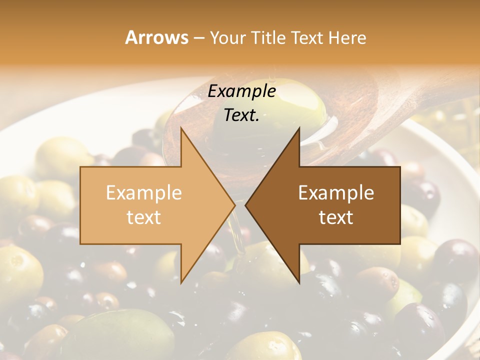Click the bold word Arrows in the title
tap(157, 37)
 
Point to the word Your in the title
tap(227, 37)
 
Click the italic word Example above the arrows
tap(241, 91)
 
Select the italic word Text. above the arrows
tap(241, 115)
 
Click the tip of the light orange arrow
tap(234, 205)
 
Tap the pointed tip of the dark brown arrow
tap(245, 205)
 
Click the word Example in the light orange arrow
tap(144, 193)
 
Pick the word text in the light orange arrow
tap(144, 217)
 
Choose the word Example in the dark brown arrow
tap(336, 193)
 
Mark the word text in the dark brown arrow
tap(336, 217)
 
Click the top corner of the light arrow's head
tap(181, 128)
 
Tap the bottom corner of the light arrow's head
tap(181, 282)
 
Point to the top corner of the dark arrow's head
tap(299, 128)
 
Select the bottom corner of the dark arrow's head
tap(299, 282)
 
